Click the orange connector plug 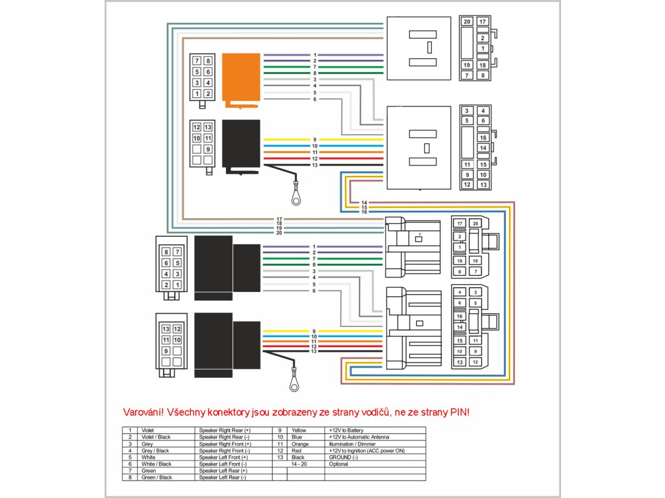pos(241,78)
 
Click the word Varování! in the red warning pos(143,412)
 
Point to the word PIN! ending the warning pos(458,412)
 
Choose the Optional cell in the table pos(339,464)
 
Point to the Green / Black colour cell pos(157,478)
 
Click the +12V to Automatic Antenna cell pos(360,437)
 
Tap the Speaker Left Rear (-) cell pos(223,478)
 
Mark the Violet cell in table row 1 pos(149,430)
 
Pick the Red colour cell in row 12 pos(297,451)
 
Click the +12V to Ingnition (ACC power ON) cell pos(367,451)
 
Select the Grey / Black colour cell pos(156,451)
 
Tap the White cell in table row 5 pos(149,457)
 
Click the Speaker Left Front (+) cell pos(223,457)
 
